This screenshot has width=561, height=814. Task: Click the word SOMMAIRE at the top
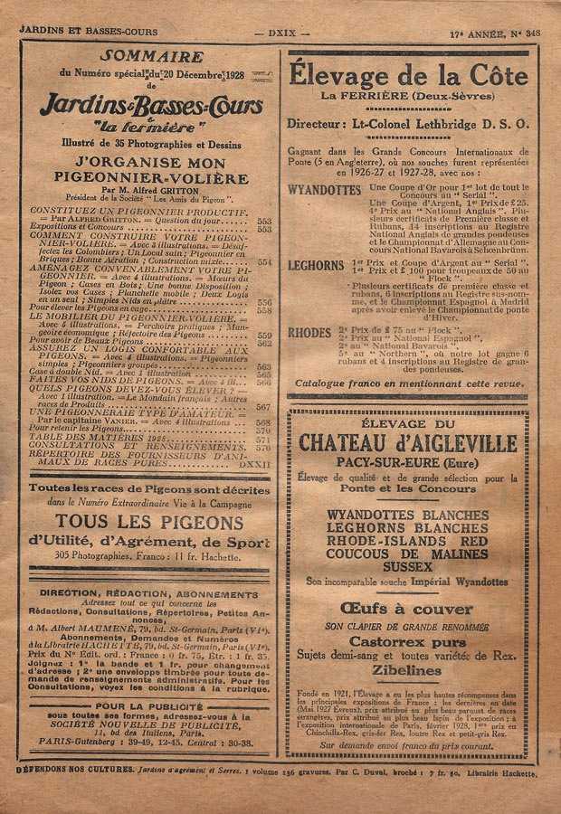pos(138,56)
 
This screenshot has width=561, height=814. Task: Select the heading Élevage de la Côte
pos(408,77)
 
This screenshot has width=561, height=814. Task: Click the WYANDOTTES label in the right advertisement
pos(323,190)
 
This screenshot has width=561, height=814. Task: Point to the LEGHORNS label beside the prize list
pos(315,266)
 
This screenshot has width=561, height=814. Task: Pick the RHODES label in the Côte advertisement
pos(309,333)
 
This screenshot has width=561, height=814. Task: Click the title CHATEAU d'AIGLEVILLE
pos(408,442)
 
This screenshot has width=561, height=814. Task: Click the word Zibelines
pos(407,671)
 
